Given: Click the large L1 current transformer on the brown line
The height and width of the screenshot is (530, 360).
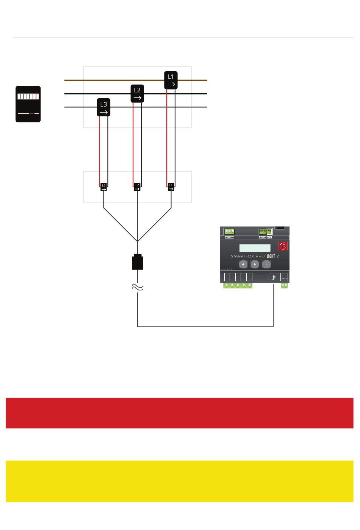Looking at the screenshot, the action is (171, 80).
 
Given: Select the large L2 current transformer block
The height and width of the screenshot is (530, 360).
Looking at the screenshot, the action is (137, 94).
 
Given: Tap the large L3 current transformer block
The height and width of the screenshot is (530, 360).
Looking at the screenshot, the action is (103, 107).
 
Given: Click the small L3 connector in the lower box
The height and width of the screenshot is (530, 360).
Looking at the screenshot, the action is (104, 187).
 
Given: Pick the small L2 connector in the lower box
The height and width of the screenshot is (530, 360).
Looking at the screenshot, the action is (137, 187).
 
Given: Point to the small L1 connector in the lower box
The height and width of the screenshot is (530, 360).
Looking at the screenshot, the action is (171, 187).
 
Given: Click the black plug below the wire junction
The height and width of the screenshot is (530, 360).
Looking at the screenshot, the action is (137, 262).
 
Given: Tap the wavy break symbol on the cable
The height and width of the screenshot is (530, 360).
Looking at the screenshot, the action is (137, 287).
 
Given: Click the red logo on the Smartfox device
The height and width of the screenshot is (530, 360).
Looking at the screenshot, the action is (283, 246).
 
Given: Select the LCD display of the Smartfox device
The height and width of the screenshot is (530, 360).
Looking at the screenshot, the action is (255, 248).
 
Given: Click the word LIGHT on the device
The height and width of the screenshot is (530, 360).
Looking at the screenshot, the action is (271, 256).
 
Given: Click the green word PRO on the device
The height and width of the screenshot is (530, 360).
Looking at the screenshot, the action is (260, 256).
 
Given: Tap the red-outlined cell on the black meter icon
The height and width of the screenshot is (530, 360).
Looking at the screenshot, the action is (37, 97).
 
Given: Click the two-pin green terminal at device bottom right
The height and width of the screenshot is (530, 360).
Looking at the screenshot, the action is (284, 286).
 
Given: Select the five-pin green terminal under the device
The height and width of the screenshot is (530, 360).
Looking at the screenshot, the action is (238, 286).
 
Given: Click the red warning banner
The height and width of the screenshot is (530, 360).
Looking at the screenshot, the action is (180, 413).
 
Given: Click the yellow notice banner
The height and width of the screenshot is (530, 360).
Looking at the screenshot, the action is (180, 481).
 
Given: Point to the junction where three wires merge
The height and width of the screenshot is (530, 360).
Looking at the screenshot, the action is (137, 241).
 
